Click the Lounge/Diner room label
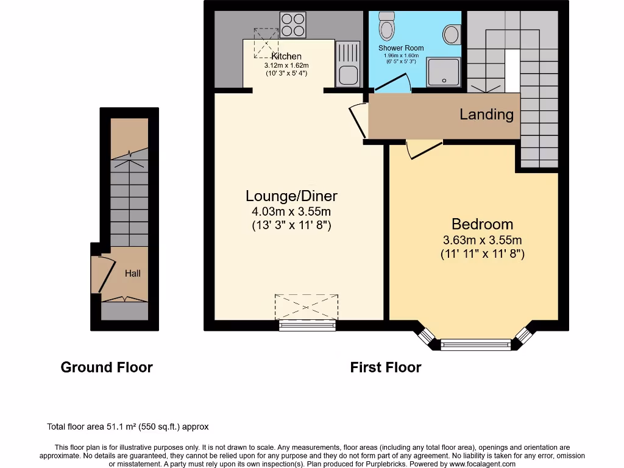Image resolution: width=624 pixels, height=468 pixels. coord(291,196)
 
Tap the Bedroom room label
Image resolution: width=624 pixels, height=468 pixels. coord(482,224)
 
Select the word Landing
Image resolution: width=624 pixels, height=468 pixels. coord(486,114)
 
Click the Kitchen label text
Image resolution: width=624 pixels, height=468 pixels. coord(286,56)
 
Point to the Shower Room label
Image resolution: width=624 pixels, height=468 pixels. coord(400,48)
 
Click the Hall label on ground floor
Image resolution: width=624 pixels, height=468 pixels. coord(133,274)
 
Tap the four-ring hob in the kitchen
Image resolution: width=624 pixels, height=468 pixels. coord(292,25)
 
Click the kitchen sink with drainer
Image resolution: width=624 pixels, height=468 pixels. coord(348,64)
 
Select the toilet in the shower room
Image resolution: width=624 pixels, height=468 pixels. coord(386,25)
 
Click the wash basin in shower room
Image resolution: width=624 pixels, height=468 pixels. coord(452,34)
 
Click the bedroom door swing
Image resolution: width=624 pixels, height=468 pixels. coord(423,149)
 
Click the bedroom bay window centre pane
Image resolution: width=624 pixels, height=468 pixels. coord(476,345)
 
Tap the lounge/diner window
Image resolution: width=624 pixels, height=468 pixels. coord(307,325)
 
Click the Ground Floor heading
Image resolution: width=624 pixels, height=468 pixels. coord(107,367)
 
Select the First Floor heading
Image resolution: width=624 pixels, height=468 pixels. coord(385,367)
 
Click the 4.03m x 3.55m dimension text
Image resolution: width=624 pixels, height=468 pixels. coord(291,211)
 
